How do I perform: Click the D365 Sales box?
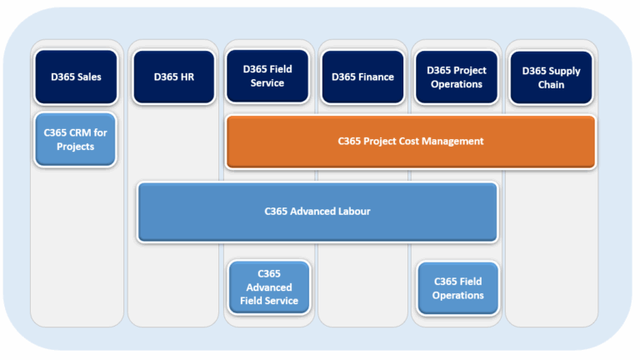[x=75, y=77]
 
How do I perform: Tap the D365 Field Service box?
[x=267, y=77]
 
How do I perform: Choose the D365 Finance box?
[x=362, y=77]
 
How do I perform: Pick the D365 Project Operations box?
[x=457, y=77]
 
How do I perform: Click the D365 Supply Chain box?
[x=551, y=77]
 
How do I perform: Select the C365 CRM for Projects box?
[x=75, y=140]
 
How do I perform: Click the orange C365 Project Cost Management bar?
[x=410, y=142]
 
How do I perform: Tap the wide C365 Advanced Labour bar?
[x=317, y=212]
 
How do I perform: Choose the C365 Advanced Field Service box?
[x=268, y=287]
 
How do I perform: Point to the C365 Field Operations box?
[x=457, y=288]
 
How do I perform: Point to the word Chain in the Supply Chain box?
[x=551, y=84]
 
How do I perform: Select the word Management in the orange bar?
[x=452, y=142]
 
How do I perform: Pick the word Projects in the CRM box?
[x=75, y=147]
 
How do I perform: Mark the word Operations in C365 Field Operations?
[x=457, y=295]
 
